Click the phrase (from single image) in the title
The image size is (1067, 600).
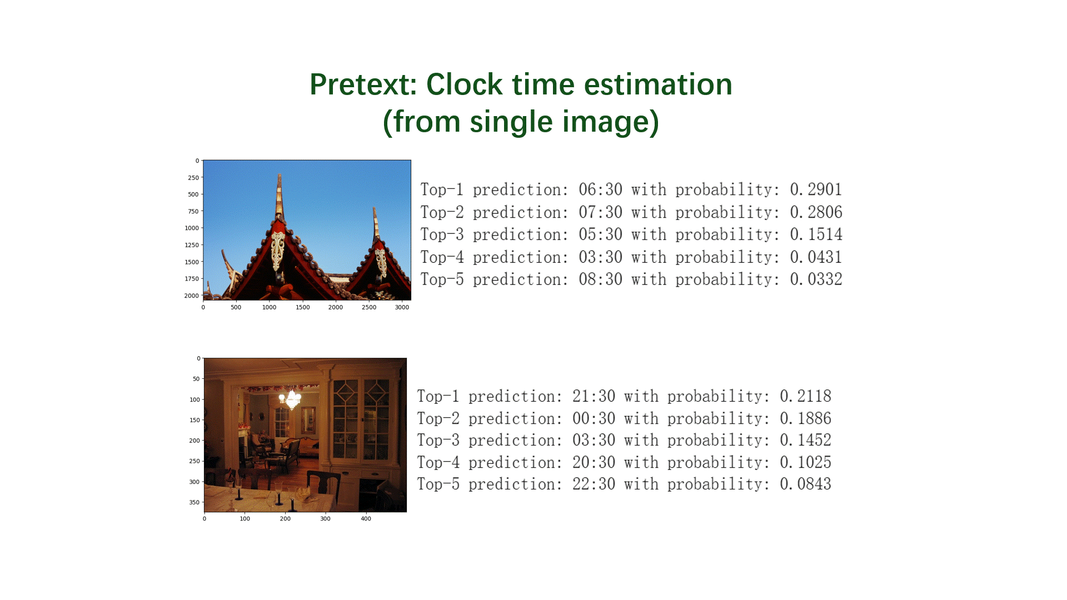tap(521, 122)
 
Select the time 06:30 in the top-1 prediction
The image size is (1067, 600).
tap(600, 190)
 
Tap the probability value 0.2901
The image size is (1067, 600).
tap(816, 190)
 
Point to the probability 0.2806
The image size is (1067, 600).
tap(816, 213)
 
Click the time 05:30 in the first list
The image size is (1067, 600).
tap(600, 235)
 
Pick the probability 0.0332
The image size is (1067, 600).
tap(816, 280)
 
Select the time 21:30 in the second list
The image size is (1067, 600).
tap(594, 397)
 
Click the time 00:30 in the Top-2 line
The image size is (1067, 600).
tap(594, 419)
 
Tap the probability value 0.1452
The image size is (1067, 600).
tap(805, 441)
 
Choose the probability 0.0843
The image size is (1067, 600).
tap(805, 484)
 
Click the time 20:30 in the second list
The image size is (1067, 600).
tap(594, 463)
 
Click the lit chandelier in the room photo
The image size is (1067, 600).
tap(290, 398)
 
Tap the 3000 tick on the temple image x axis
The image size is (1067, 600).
tap(402, 307)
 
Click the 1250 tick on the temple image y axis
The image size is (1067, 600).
tap(192, 245)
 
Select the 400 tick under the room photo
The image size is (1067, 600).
tap(366, 519)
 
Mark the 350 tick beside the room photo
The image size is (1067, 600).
tap(194, 502)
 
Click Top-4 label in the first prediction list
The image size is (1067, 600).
tap(442, 258)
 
